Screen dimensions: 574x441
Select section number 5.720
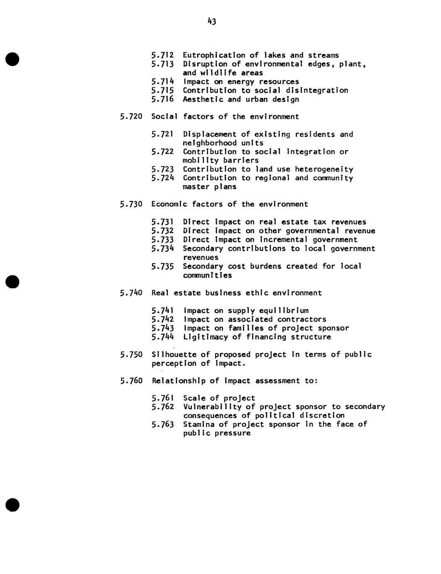[131, 117]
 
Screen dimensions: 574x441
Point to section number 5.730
[131, 204]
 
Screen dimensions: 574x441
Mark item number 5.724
[162, 178]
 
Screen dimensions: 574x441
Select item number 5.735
[162, 266]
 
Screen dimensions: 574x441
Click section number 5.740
[131, 293]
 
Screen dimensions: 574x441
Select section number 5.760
[131, 381]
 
